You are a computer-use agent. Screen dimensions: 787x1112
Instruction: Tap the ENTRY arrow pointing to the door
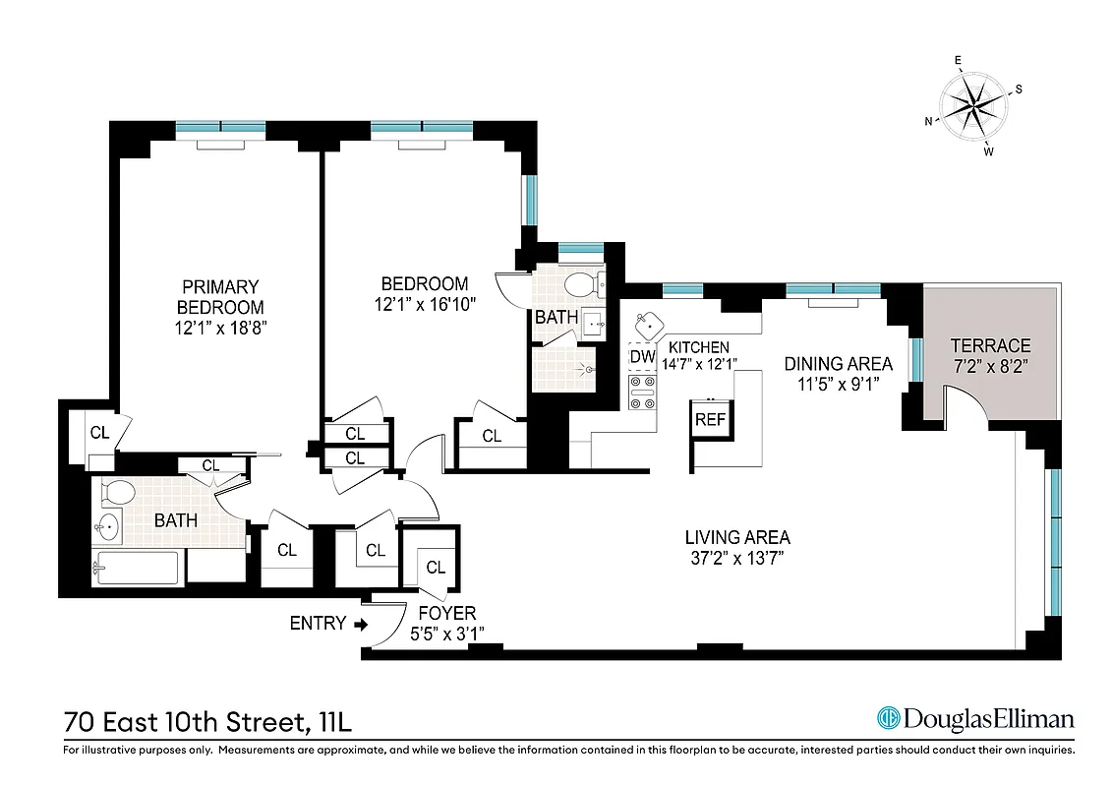[360, 624]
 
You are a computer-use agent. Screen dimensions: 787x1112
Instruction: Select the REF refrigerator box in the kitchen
[710, 419]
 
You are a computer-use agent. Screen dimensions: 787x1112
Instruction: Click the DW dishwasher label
[642, 356]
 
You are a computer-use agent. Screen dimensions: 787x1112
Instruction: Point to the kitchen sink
[647, 322]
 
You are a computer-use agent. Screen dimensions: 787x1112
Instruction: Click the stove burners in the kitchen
[642, 392]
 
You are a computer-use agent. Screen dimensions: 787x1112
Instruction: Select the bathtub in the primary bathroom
[137, 568]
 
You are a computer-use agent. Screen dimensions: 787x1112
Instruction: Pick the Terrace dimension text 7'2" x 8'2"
[990, 366]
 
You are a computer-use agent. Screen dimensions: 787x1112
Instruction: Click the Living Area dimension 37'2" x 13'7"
[737, 558]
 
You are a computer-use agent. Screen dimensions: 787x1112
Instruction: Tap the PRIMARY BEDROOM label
[219, 297]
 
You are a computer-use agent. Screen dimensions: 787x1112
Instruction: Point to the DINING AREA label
[838, 364]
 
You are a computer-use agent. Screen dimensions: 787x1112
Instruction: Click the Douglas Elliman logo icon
[889, 719]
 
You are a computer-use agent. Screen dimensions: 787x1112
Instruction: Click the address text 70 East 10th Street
[182, 723]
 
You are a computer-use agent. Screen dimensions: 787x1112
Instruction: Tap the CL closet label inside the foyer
[435, 568]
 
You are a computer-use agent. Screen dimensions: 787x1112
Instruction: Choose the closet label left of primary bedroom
[99, 432]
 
